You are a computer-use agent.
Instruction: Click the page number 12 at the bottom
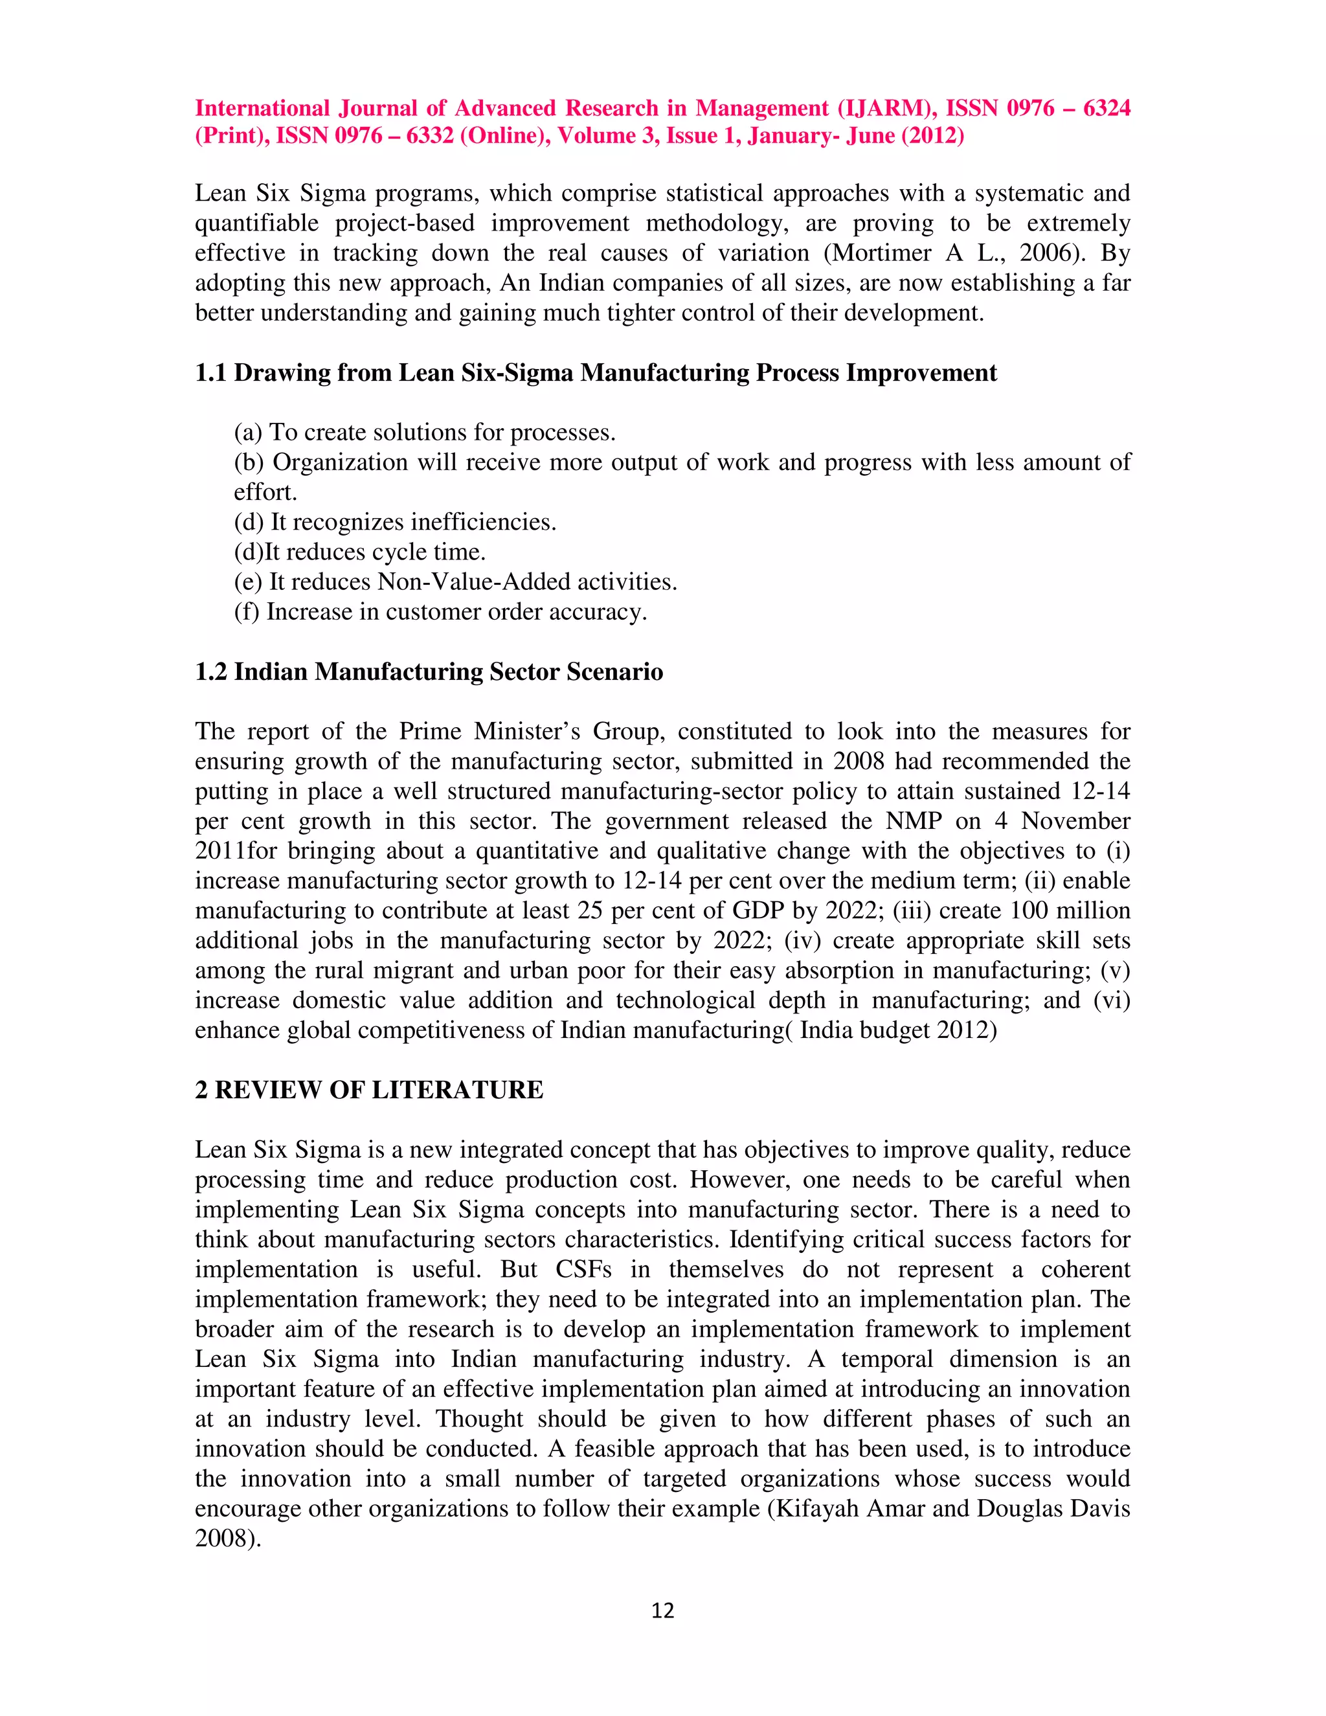pos(662,1610)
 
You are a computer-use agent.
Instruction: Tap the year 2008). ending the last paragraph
pos(228,1539)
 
